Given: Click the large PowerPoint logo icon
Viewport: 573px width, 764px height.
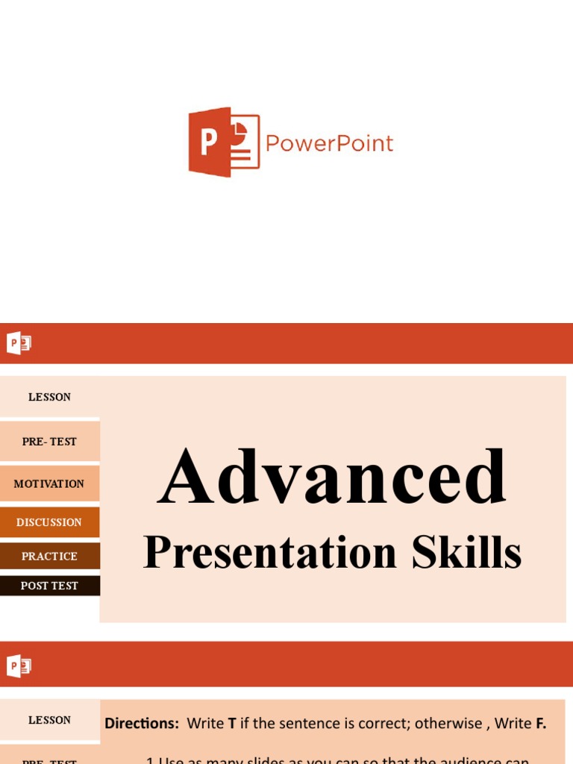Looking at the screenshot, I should click(x=223, y=142).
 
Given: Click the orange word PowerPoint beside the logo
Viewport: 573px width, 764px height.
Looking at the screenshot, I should click(x=329, y=143).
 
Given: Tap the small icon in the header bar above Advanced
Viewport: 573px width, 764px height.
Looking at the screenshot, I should click(x=19, y=343).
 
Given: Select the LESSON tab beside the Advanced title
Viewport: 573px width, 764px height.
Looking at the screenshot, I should click(x=49, y=397).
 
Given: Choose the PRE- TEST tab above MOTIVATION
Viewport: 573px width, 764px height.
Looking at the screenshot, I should click(x=49, y=441).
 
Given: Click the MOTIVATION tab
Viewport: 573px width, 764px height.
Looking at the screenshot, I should click(x=49, y=483).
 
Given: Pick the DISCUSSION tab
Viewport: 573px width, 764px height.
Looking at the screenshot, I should click(x=49, y=522).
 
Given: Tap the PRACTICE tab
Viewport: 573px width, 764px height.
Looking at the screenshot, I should click(x=49, y=556).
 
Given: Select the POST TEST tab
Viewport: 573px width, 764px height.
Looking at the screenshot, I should click(x=49, y=586).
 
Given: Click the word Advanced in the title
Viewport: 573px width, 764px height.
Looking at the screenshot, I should click(x=332, y=477).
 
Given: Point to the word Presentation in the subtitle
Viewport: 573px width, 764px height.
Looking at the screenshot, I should click(x=271, y=554).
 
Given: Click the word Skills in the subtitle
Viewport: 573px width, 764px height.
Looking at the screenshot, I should click(x=466, y=554).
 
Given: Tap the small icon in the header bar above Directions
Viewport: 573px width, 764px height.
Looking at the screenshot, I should click(x=19, y=666).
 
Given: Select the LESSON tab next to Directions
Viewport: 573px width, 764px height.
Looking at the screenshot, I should click(x=49, y=720).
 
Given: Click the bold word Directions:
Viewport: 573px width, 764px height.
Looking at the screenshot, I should click(x=142, y=723).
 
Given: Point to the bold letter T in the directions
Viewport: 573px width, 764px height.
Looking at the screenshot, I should click(x=232, y=723).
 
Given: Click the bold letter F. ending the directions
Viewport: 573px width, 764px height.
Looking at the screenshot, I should click(x=541, y=723).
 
